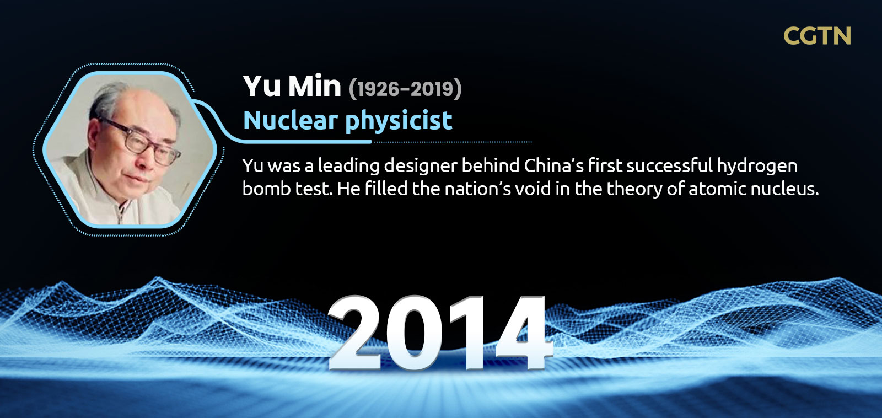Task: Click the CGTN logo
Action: pyautogui.click(x=817, y=35)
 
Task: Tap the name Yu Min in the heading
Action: pyautogui.click(x=292, y=85)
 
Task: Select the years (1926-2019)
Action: pyautogui.click(x=405, y=89)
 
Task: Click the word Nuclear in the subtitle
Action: pyautogui.click(x=291, y=120)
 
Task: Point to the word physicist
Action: pyautogui.click(x=399, y=121)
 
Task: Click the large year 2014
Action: pyautogui.click(x=440, y=333)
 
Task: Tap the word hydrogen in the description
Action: pyautogui.click(x=757, y=167)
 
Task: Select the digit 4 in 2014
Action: pyautogui.click(x=524, y=333)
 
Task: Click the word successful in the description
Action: pyautogui.click(x=669, y=165)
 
